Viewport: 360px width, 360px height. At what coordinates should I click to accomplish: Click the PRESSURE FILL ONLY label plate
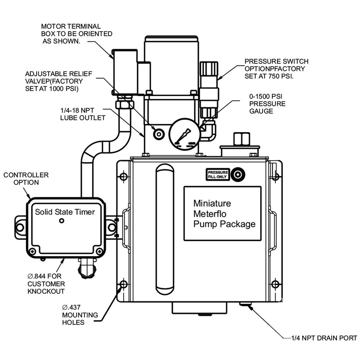click(x=218, y=175)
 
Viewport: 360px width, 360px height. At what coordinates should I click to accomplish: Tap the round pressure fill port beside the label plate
click(x=238, y=175)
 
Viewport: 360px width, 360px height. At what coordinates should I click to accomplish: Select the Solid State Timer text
click(x=65, y=212)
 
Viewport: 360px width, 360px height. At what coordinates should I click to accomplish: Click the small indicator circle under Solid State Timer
click(x=62, y=221)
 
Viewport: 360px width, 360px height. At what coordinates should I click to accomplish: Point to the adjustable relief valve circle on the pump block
click(x=159, y=134)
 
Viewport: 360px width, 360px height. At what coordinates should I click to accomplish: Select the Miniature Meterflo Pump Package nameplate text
click(x=224, y=213)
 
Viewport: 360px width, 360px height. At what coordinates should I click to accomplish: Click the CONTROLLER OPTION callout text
click(x=26, y=179)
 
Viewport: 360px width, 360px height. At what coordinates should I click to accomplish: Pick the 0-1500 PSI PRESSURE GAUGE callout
click(x=267, y=104)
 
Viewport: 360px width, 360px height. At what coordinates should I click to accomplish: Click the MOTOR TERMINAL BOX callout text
click(x=77, y=34)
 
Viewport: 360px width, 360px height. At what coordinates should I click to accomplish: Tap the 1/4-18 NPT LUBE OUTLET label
click(x=83, y=114)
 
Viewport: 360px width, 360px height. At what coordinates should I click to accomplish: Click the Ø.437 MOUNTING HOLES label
click(x=80, y=315)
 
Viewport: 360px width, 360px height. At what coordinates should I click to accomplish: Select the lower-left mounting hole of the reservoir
click(x=124, y=284)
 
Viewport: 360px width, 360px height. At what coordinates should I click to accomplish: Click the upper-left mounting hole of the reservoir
click(x=124, y=176)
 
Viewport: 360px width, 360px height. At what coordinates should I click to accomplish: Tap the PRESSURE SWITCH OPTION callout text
click(x=276, y=69)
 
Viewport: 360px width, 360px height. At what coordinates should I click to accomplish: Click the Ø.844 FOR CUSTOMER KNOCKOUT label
click(x=46, y=284)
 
